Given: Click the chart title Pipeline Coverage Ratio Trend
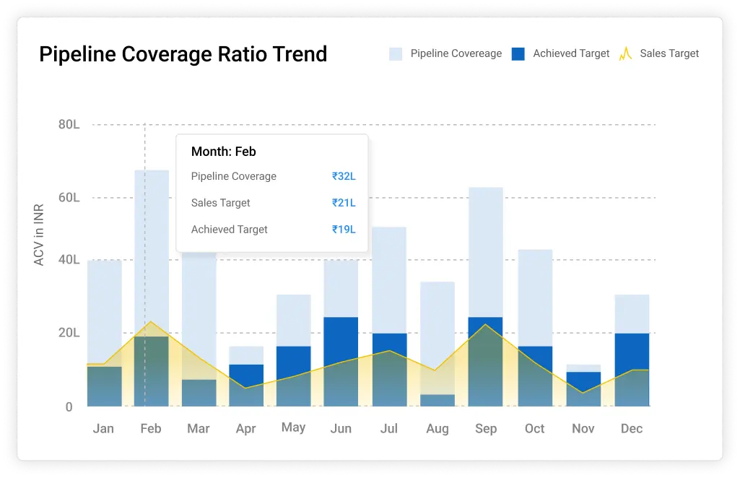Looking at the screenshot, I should click(x=183, y=54).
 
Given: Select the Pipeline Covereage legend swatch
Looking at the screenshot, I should click(x=396, y=53).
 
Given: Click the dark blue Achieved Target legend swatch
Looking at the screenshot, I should click(x=518, y=53).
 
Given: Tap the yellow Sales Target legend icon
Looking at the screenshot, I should click(x=625, y=53).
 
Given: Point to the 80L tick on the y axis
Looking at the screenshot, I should click(x=69, y=124).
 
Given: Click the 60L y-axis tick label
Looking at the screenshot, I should click(x=69, y=198).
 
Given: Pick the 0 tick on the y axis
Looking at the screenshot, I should click(x=69, y=407).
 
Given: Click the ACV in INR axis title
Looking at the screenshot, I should click(x=39, y=235).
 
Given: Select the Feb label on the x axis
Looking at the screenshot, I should click(x=151, y=429).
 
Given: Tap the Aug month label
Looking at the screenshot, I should click(x=438, y=429).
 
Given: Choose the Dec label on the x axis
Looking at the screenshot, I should click(x=632, y=429).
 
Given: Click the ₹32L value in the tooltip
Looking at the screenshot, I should click(x=344, y=176).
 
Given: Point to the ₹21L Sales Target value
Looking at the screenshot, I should click(x=344, y=203).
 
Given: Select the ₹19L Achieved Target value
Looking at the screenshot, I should click(x=344, y=230).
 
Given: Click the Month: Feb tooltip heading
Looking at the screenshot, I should click(x=224, y=152).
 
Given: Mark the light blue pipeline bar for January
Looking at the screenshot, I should click(x=105, y=310).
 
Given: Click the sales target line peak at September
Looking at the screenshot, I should click(x=487, y=325).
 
